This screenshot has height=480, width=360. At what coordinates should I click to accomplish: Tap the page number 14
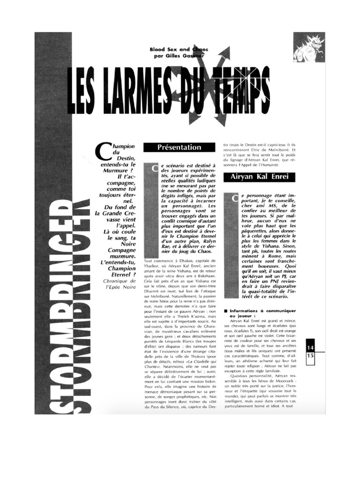310,347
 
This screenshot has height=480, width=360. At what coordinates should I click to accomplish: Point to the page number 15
310,356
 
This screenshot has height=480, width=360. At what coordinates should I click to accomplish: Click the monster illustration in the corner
309,48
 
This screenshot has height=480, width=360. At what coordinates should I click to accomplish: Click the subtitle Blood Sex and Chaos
179,49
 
